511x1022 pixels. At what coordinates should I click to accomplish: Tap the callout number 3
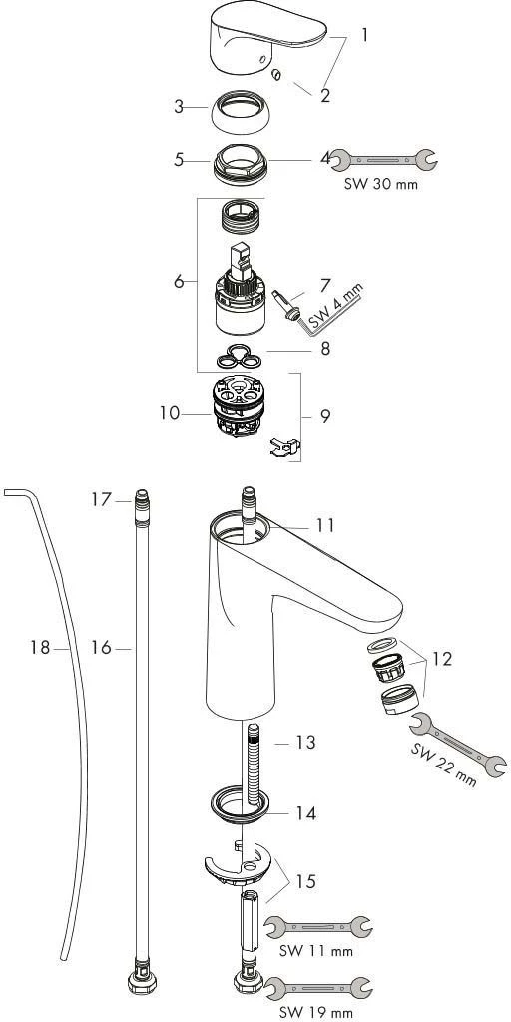[x=179, y=107]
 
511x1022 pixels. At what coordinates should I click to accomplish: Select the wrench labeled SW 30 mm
[x=383, y=157]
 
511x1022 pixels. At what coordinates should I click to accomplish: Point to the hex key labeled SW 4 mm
[x=319, y=304]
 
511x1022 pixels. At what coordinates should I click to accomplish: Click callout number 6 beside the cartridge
[x=179, y=282]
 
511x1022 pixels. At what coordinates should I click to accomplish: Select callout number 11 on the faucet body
[x=325, y=524]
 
